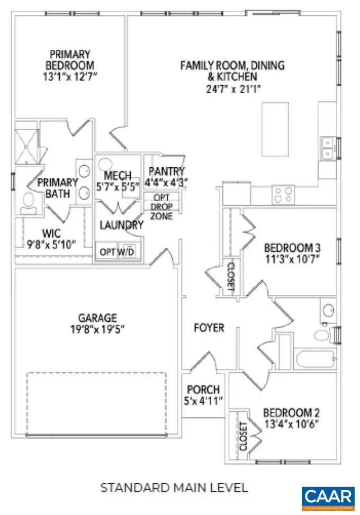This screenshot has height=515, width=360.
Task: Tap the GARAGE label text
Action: (97, 318)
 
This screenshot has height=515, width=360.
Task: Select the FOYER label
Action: (209, 328)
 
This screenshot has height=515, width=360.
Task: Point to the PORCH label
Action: (202, 390)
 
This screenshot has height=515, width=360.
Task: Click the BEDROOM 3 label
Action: (292, 248)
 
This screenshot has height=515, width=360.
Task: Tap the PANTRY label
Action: (167, 171)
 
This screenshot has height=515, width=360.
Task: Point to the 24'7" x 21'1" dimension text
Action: (232, 89)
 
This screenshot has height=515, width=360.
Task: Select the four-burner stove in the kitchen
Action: (283, 195)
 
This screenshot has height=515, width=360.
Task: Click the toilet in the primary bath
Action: (28, 203)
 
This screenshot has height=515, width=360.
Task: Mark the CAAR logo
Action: (328, 497)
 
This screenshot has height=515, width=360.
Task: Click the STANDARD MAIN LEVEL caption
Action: (174, 486)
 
